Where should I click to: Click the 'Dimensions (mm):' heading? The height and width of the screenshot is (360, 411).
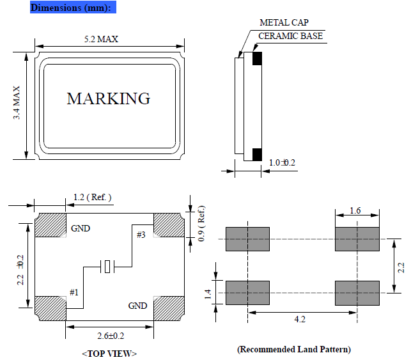(73, 8)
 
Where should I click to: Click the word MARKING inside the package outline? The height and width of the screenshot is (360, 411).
(109, 99)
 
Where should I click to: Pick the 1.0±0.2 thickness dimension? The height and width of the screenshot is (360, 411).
(281, 162)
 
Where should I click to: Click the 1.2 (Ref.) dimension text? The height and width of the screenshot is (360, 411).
(93, 197)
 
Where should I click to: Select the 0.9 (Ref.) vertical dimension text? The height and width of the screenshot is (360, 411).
(202, 223)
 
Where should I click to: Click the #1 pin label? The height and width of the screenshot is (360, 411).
(74, 292)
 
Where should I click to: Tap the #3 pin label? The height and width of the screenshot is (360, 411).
(141, 235)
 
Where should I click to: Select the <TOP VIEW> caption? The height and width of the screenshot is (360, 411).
(109, 354)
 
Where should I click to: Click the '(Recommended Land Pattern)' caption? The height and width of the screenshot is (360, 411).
(294, 350)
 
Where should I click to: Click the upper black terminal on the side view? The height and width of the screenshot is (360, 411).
(258, 59)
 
